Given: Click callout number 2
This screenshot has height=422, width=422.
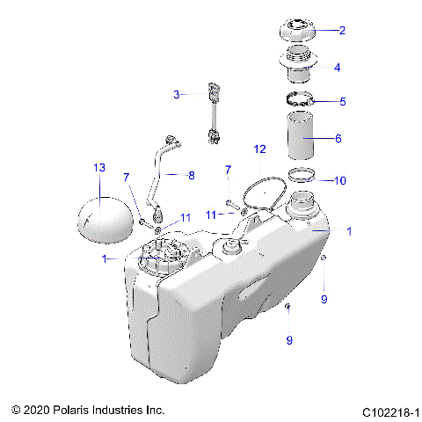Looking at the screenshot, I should [x=342, y=30].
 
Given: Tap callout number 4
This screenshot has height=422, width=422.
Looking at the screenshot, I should [x=337, y=67].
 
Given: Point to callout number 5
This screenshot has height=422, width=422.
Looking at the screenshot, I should [x=342, y=101].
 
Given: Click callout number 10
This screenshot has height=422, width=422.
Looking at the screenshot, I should [x=340, y=180].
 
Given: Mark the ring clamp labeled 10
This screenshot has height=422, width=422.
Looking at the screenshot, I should [x=303, y=173].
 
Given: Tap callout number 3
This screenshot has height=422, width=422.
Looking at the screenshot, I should [x=177, y=93].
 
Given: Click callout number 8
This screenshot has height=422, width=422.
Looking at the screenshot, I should [x=190, y=175].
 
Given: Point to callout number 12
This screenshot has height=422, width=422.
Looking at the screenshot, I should [x=259, y=149].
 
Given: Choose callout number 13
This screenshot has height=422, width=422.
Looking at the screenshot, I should [x=98, y=167].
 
